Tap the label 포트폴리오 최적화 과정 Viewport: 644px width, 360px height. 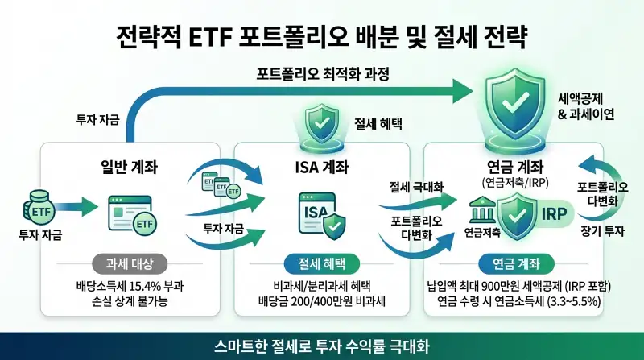tap(322, 76)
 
